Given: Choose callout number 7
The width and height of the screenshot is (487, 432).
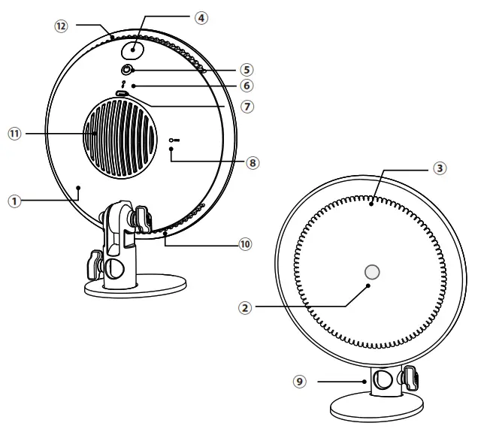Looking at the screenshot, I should (x=247, y=107).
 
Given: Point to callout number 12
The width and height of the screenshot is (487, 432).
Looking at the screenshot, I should (x=62, y=26).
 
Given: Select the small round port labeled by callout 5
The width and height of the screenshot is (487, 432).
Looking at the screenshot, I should (x=128, y=71).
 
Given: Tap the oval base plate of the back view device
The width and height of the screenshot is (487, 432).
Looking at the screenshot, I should (x=135, y=286).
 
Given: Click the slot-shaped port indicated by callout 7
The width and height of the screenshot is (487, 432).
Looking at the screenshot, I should (x=123, y=94).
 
